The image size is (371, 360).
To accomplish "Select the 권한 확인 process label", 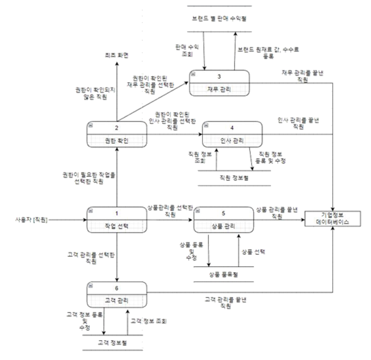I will pos(117,141).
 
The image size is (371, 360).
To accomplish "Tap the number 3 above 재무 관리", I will pos(219,77).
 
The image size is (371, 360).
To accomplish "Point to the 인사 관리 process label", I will pos(232,141).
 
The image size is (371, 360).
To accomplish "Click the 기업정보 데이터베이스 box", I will pos(332,218).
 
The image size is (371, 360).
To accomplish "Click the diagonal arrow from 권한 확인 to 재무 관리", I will pos(153,101).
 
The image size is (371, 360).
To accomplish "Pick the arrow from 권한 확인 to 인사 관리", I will pos(175,134).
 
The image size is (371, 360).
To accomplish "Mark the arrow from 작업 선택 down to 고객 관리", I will pos(117,257).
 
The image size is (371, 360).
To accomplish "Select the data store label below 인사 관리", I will pos(234,178).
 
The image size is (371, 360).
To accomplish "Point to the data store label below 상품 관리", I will pos(224,275).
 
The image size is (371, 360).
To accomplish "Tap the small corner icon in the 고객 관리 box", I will pos(90,284).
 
